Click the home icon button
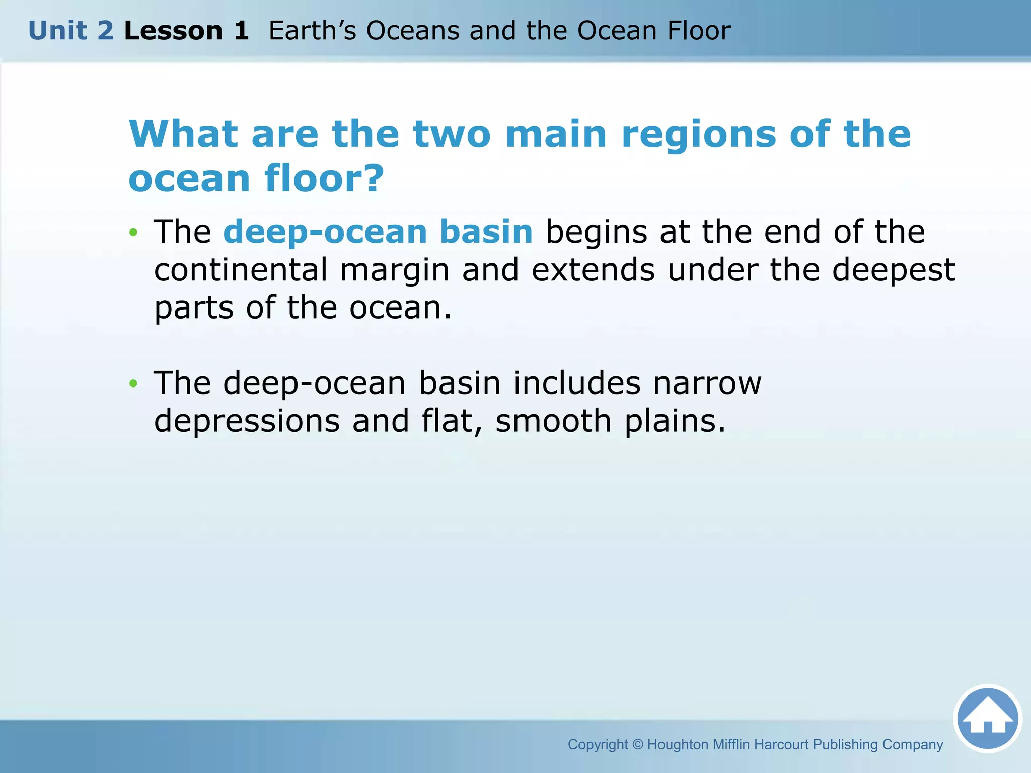tap(987, 718)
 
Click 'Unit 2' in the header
tap(71, 31)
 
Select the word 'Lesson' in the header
tap(173, 31)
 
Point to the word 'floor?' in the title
tap(324, 178)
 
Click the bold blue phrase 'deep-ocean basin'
tap(378, 232)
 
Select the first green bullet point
tap(133, 233)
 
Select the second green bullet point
tap(133, 384)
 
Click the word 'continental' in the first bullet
tap(241, 270)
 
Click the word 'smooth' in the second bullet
tap(553, 421)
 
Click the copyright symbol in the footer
tap(637, 744)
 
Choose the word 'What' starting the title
tap(183, 134)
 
